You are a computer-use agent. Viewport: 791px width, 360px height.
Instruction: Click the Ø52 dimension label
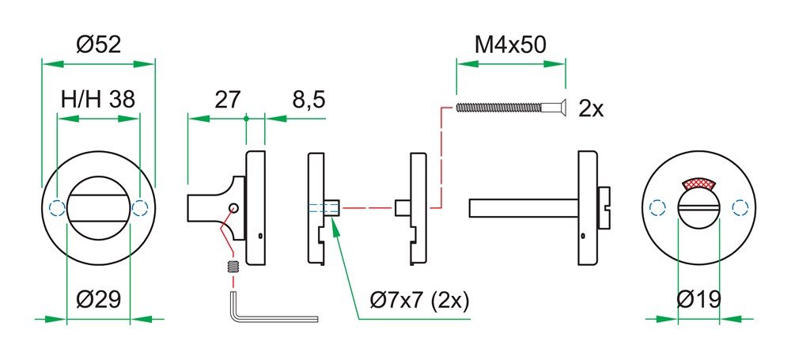coord(99,45)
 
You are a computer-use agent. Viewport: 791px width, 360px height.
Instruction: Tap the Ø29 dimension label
coord(98,300)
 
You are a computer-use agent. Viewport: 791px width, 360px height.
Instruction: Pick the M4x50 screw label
coord(511,45)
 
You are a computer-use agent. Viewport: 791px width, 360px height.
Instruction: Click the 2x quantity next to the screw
coord(591,109)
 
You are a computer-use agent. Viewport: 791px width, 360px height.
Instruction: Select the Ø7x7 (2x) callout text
coord(420,301)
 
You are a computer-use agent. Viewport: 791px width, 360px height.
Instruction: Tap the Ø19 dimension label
coord(699,300)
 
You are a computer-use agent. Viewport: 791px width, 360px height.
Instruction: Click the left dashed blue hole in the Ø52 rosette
coord(55,208)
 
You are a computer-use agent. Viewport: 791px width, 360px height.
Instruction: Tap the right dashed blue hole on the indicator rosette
coord(740,208)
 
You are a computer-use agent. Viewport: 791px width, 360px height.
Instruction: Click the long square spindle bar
coord(522,207)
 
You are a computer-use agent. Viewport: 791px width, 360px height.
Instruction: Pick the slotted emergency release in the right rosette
coord(698,210)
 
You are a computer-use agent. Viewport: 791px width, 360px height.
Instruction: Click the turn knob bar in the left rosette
coord(98,195)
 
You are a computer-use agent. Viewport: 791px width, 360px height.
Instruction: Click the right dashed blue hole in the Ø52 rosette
coord(141,208)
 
